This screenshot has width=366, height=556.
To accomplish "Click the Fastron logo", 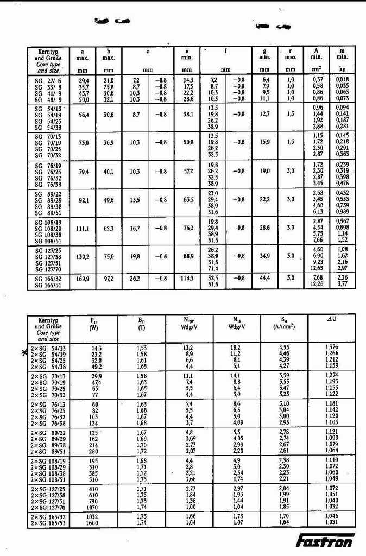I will click(x=325, y=541).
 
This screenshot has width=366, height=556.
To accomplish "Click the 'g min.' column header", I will click(x=264, y=55).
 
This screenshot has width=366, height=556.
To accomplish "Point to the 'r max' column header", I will click(x=291, y=55).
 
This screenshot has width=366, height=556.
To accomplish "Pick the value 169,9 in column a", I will click(x=83, y=278).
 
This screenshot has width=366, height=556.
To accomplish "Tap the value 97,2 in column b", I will click(x=109, y=278).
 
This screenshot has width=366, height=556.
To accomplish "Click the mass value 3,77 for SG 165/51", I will click(x=342, y=283).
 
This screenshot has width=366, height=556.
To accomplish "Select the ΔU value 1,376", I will click(x=331, y=346).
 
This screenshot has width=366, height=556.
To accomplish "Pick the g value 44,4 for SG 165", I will click(x=264, y=278).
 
